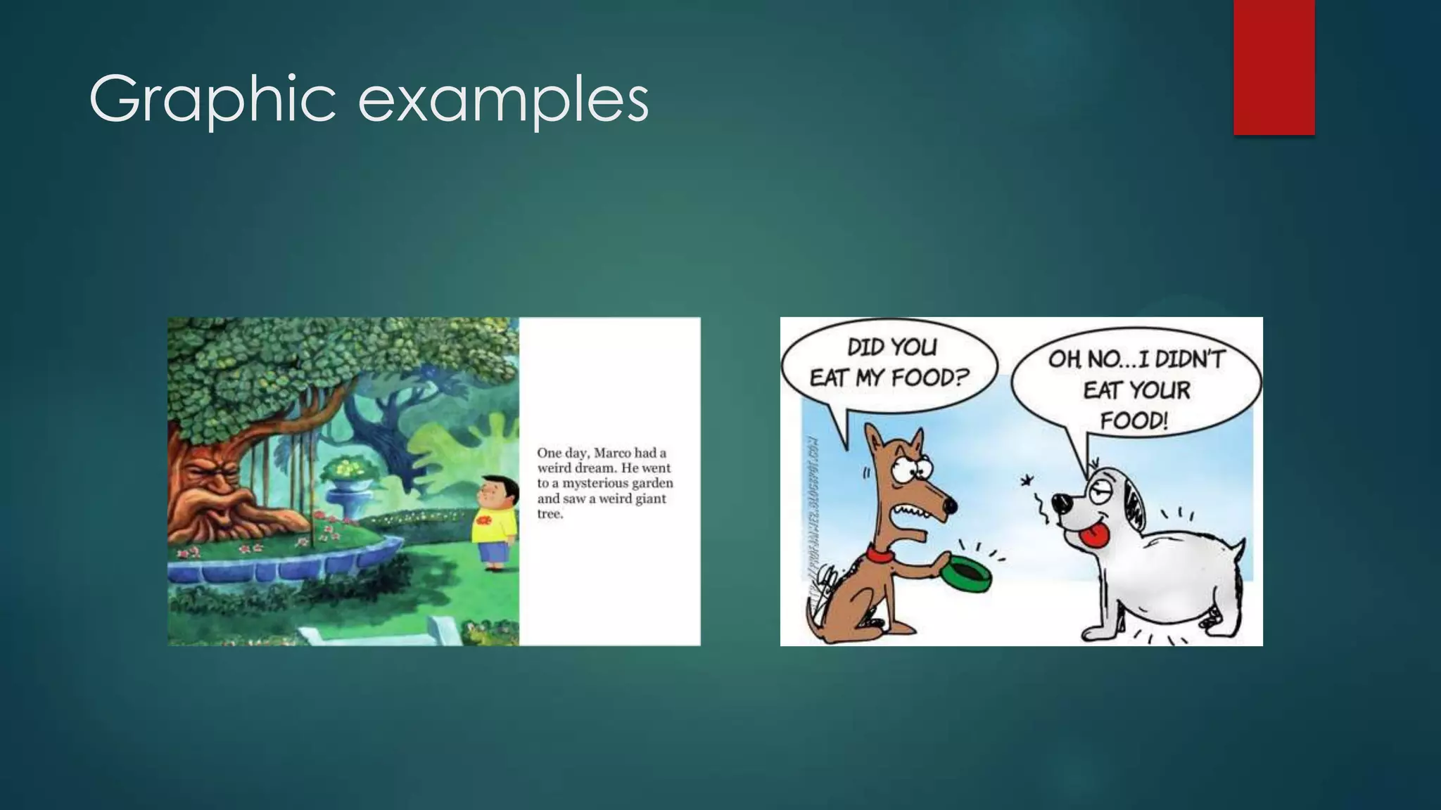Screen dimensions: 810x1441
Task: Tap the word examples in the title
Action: pos(503,100)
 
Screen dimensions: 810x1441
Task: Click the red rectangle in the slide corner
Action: pos(1274,67)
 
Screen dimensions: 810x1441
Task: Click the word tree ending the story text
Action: pos(550,514)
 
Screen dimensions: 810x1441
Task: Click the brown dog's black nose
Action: pos(951,505)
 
